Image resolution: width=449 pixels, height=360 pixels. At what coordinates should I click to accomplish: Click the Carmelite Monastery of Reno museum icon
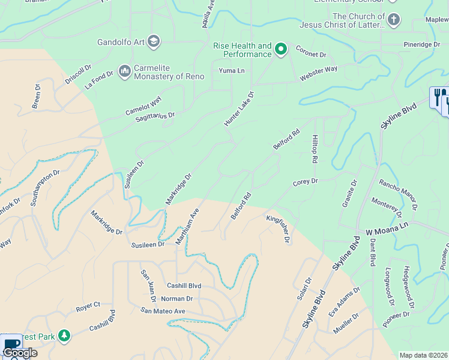125,71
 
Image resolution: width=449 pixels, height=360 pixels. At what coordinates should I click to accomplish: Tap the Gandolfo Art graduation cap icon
153,41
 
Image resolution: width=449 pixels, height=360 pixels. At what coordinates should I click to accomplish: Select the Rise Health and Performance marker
280,48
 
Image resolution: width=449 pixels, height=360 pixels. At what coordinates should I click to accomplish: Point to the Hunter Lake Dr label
239,109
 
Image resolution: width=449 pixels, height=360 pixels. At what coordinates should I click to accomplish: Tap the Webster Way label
319,74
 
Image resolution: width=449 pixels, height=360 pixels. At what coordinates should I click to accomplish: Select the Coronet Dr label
310,55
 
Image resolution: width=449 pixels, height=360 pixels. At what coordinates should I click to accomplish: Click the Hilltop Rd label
314,149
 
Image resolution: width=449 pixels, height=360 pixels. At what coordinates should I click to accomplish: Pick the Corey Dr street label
305,181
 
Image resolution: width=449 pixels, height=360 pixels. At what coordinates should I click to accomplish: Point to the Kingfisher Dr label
279,229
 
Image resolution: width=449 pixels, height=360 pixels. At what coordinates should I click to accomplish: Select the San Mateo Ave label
163,311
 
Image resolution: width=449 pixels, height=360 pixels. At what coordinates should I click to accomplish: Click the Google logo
19,352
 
